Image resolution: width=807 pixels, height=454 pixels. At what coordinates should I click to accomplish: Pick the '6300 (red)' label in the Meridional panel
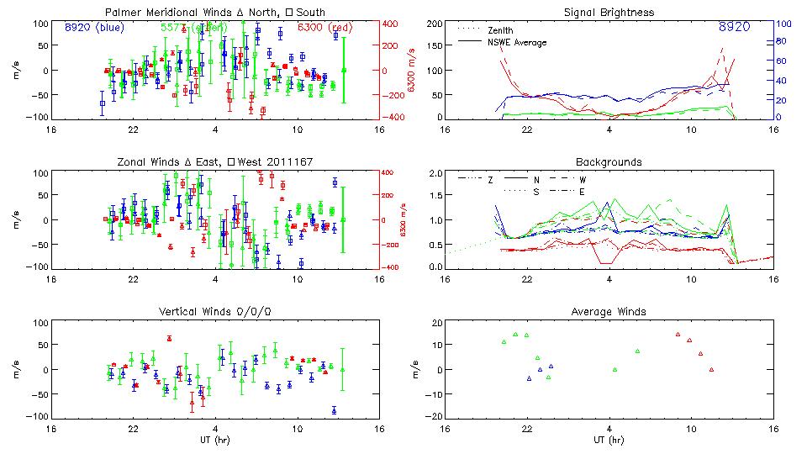coord(330,27)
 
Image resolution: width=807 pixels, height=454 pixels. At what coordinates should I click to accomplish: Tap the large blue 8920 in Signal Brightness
coord(734,28)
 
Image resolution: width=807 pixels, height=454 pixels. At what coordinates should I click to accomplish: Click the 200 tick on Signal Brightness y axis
coord(435,24)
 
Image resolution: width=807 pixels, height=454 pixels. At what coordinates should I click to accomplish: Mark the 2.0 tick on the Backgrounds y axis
coord(436,174)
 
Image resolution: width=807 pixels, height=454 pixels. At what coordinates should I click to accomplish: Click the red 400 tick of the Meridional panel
coord(392,24)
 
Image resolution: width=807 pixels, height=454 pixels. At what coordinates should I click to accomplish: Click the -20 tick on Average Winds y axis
coord(434,416)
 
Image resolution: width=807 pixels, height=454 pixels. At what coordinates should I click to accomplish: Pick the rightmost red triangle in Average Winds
coord(711,370)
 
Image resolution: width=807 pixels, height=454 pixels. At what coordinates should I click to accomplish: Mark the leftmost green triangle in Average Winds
coord(504,342)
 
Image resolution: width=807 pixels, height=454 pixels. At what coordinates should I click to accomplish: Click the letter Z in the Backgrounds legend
coord(490,180)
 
